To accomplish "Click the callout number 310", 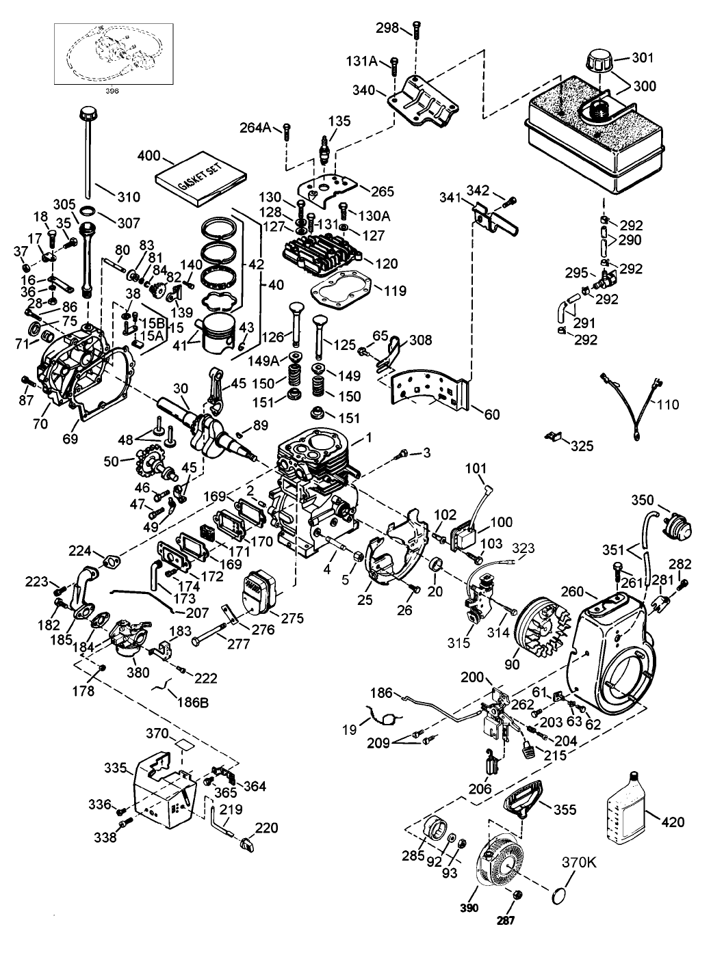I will [x=128, y=198].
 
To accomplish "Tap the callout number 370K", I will [x=580, y=863].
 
